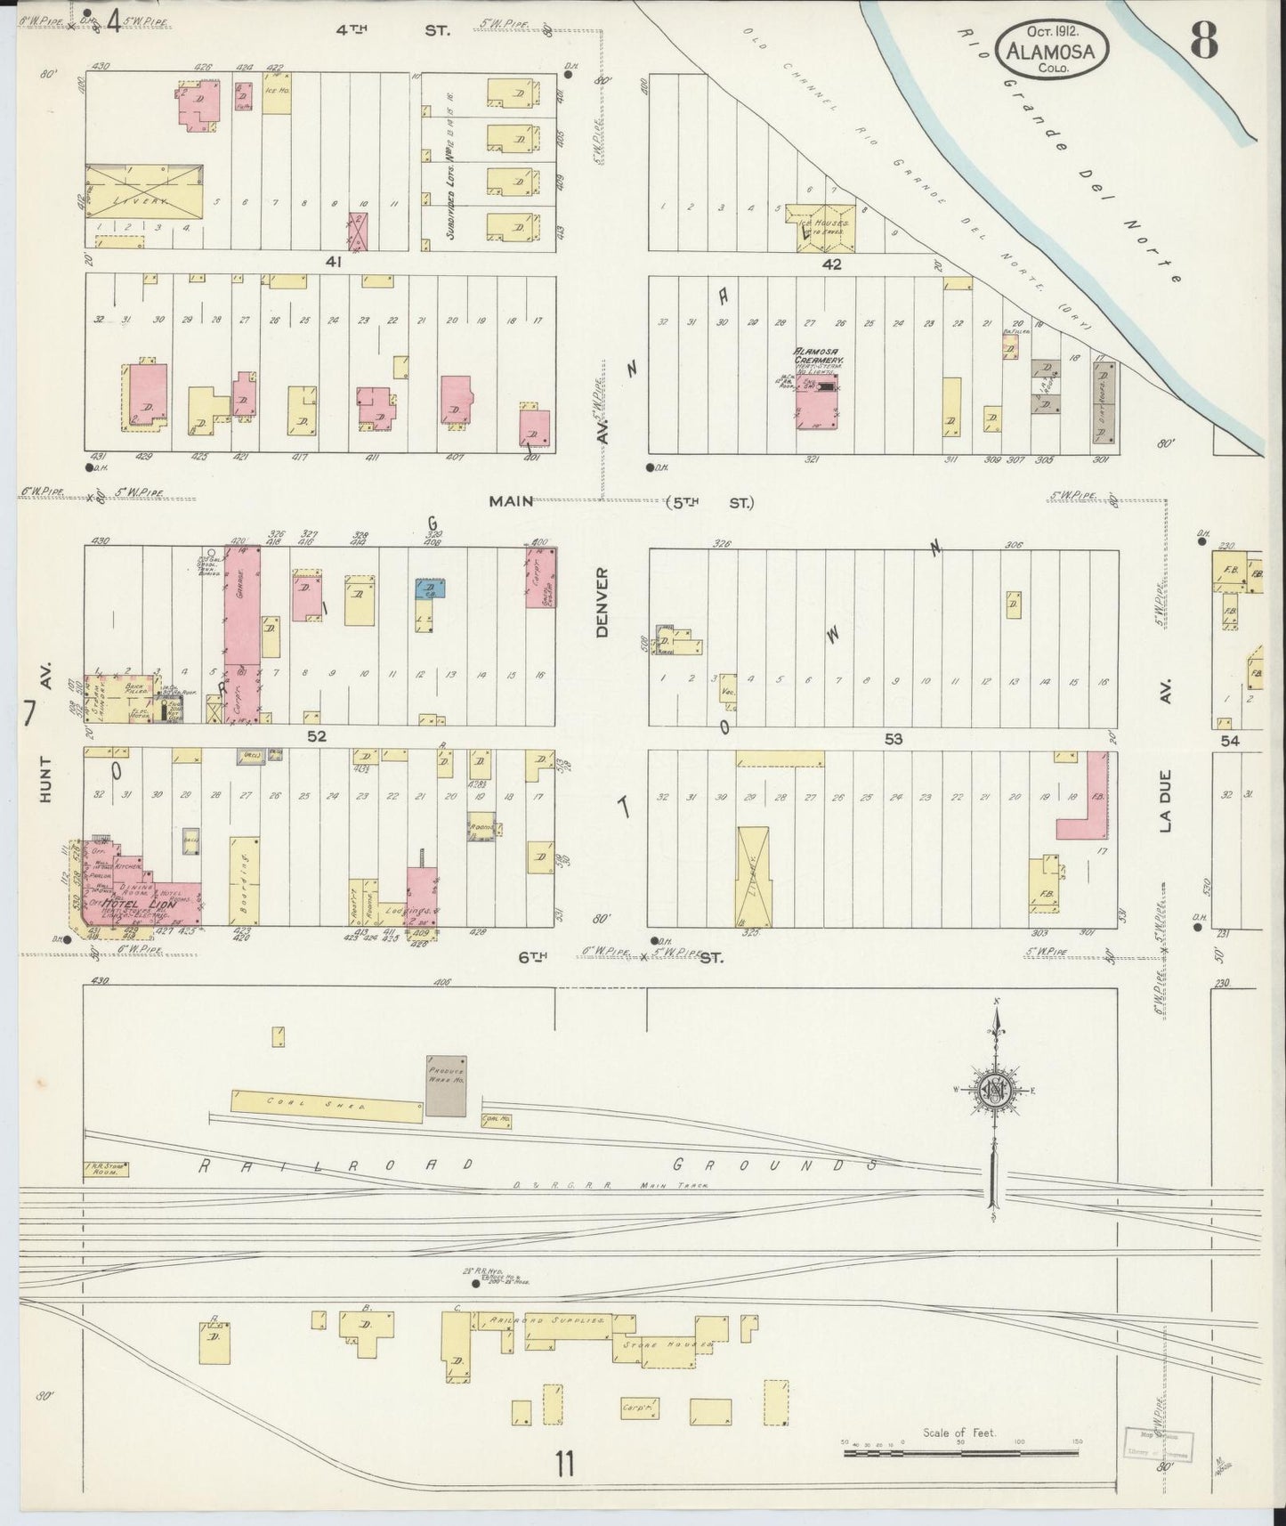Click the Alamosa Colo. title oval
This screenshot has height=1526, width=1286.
point(1052,51)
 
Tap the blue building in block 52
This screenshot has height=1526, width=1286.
point(430,588)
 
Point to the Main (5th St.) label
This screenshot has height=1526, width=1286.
point(620,502)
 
